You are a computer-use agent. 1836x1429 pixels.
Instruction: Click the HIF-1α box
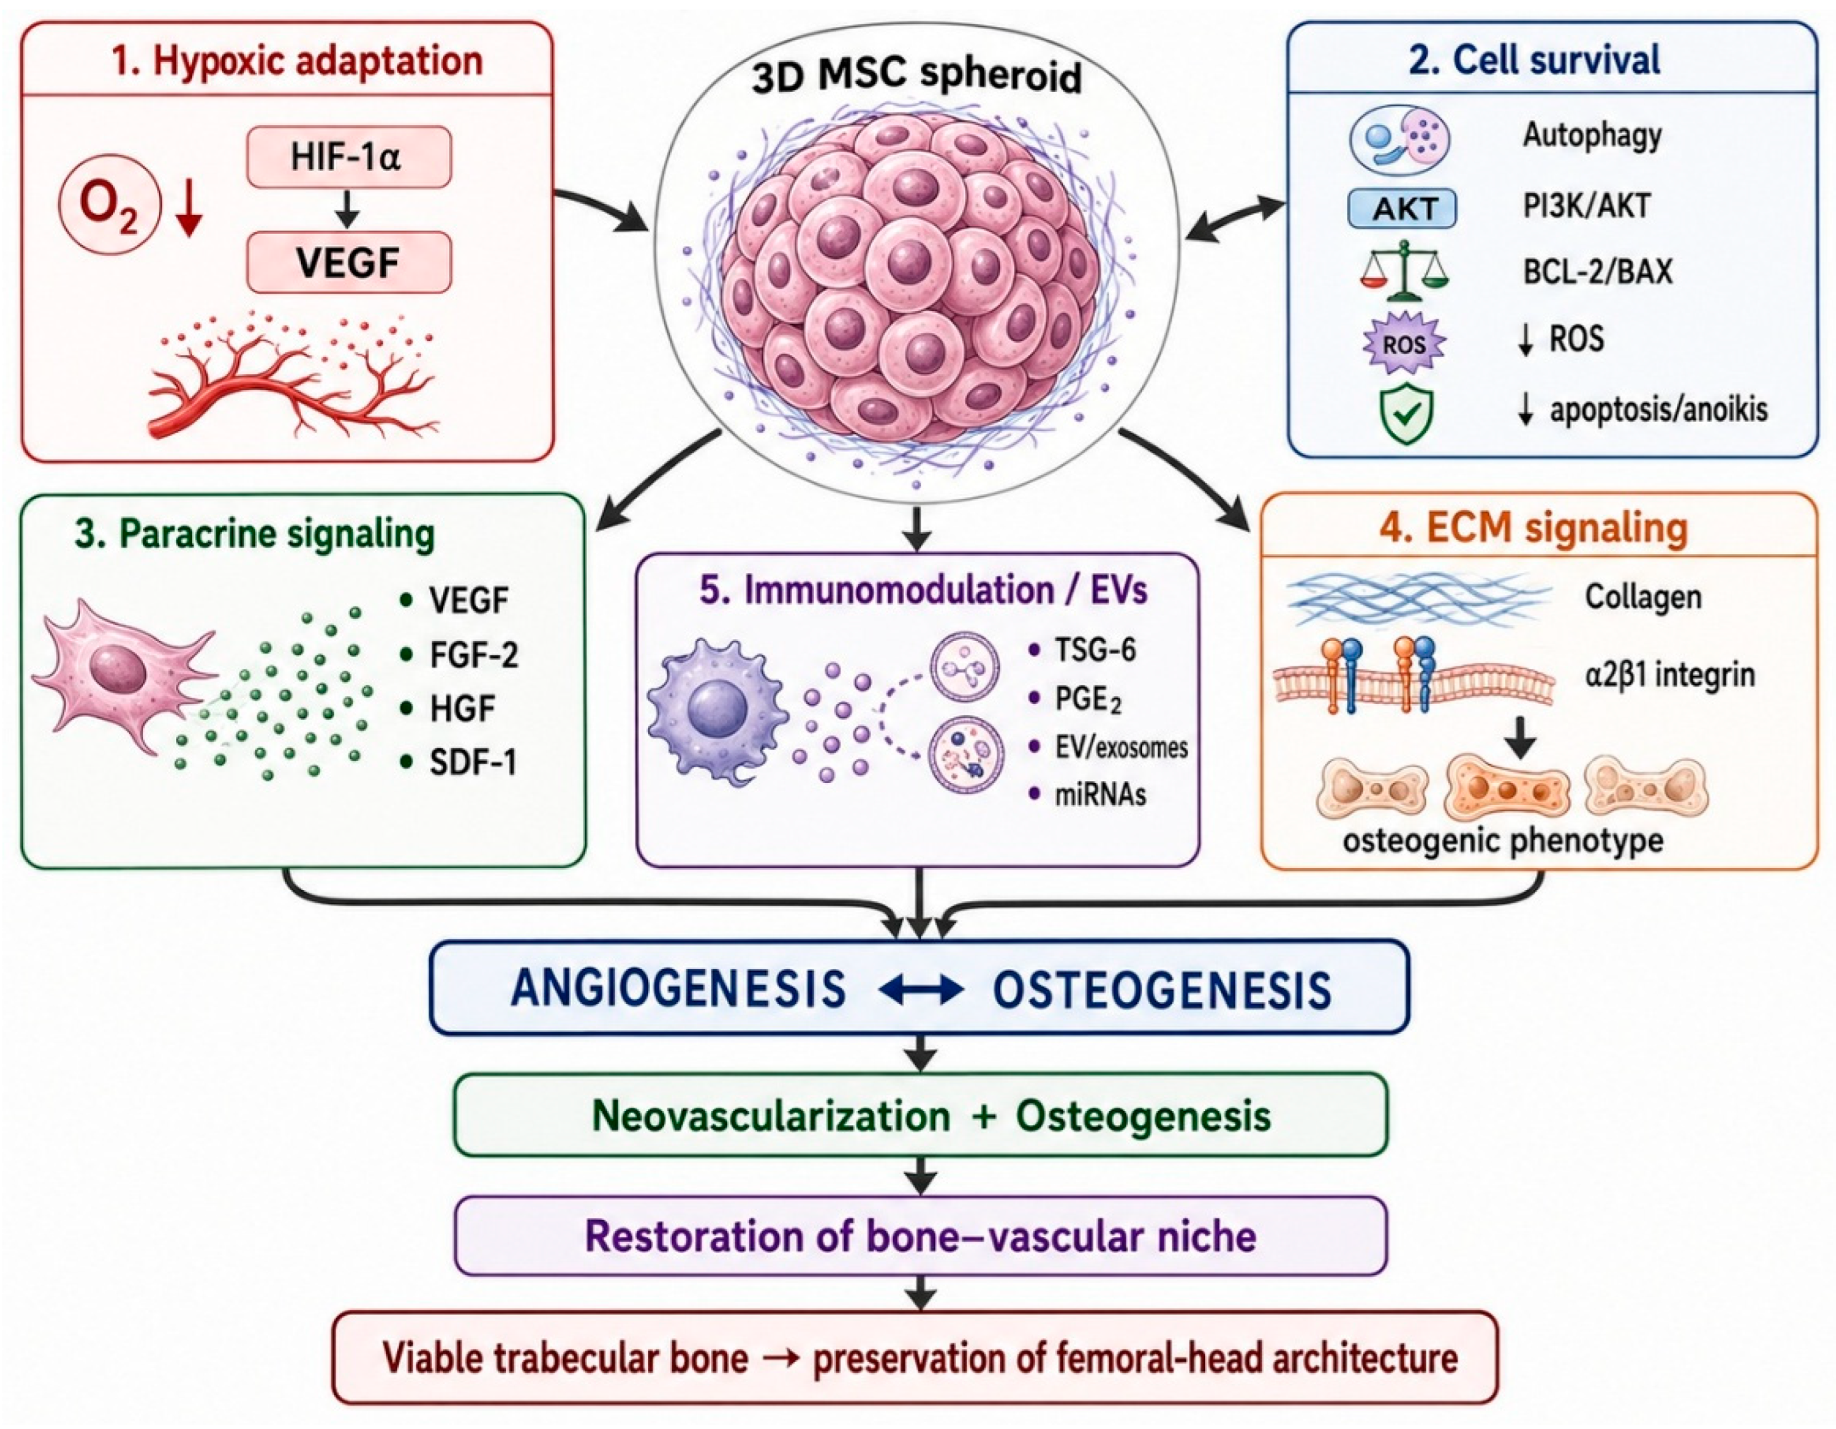349,157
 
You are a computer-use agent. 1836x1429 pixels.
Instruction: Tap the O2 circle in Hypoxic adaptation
109,208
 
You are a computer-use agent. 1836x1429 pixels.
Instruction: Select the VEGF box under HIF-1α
349,263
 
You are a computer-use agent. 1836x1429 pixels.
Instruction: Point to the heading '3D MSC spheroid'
916,76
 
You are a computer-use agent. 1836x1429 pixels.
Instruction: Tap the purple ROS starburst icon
1403,343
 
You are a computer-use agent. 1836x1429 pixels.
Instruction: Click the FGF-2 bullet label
474,655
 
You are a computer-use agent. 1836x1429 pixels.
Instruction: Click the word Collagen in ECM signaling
1644,597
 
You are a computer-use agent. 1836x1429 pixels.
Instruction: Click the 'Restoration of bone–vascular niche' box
921,1236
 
